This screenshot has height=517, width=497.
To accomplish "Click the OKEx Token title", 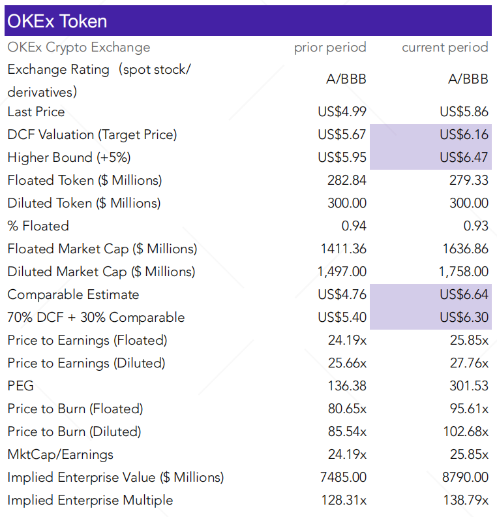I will coord(57,21).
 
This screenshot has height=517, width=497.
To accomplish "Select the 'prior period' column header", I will coord(330,47).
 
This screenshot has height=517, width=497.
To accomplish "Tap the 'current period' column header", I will coord(445,47).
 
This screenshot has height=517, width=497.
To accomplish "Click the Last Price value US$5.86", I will coord(464,112).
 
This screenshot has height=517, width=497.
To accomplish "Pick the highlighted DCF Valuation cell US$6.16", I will coord(464,134).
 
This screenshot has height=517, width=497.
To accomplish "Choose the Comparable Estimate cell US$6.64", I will coord(464,294).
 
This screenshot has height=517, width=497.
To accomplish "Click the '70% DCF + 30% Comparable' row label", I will coord(96,317).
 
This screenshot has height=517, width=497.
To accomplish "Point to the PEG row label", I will coord(20,386).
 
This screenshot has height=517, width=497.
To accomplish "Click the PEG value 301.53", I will coord(468,386).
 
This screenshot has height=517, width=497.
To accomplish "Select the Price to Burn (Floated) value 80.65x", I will coord(346,409).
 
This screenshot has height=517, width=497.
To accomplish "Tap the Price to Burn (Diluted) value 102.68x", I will coord(466,431).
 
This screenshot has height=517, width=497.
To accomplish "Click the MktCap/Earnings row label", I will coord(60,454).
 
